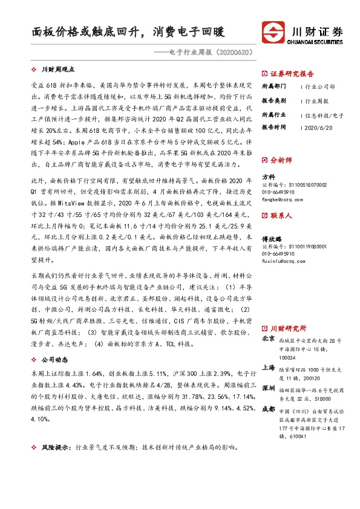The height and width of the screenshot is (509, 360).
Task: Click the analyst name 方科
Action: tap(268, 177)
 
